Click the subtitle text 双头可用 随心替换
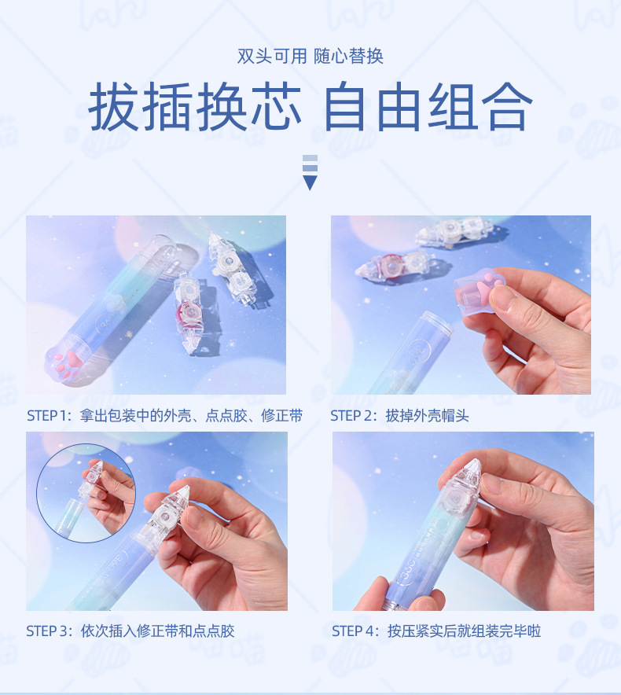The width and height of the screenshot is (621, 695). tap(310, 57)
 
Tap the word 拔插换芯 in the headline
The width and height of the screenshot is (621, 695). tap(195, 107)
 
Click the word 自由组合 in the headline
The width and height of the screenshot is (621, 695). tap(428, 107)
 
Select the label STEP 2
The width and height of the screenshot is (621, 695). tap(355, 416)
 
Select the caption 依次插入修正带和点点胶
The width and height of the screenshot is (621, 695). tap(157, 631)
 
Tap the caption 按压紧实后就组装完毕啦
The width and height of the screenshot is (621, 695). tap(464, 631)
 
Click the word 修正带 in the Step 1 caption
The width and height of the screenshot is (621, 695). tap(285, 416)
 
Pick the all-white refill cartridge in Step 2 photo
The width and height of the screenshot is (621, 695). tap(448, 232)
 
